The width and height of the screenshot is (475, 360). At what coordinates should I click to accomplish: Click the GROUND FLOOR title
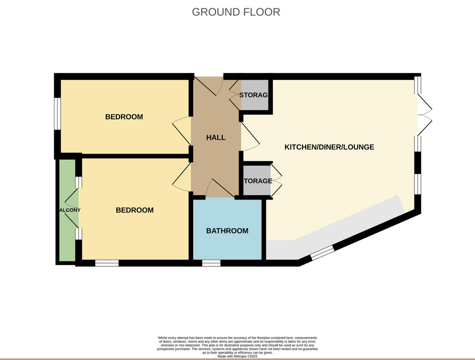(236, 12)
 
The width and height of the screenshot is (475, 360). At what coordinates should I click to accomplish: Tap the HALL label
(216, 137)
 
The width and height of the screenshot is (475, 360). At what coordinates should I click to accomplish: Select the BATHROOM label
(227, 230)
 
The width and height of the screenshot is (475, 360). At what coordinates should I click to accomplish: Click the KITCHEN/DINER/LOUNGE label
(329, 147)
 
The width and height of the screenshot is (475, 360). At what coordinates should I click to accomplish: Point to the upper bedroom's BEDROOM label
(124, 117)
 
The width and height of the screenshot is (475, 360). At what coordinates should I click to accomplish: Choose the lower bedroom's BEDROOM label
(135, 210)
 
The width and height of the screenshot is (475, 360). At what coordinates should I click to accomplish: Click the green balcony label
(69, 210)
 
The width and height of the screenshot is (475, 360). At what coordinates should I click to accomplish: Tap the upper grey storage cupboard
(255, 95)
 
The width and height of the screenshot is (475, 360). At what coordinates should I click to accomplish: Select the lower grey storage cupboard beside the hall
(257, 181)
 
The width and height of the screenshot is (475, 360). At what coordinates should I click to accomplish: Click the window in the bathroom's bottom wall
(211, 263)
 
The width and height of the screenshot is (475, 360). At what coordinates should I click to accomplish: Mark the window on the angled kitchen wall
(322, 253)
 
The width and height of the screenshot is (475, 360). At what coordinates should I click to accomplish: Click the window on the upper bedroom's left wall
(58, 114)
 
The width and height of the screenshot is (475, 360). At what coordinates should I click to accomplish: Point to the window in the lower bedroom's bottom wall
(107, 263)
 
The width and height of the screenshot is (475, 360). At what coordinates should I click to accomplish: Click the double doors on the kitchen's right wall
(424, 115)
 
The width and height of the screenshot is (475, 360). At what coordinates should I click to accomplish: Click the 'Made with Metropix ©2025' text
(237, 356)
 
